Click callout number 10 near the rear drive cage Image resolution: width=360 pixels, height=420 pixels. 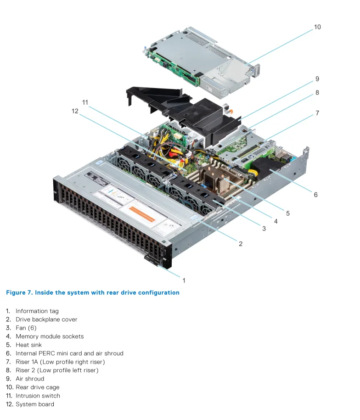(317, 27)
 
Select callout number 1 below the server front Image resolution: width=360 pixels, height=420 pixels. (184, 280)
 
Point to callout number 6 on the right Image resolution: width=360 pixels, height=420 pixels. (315, 195)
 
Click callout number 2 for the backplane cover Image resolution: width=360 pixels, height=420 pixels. (240, 244)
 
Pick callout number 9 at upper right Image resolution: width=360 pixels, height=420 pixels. (317, 79)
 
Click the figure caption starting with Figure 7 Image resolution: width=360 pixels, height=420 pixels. (93, 292)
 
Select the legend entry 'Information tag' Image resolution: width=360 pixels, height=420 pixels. (37, 311)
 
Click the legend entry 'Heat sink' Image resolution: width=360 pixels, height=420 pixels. (28, 345)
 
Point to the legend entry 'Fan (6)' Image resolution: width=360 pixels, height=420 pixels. (26, 328)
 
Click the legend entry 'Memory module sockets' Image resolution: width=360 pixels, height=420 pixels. (50, 336)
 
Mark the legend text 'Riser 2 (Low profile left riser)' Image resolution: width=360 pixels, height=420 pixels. (57, 370)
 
